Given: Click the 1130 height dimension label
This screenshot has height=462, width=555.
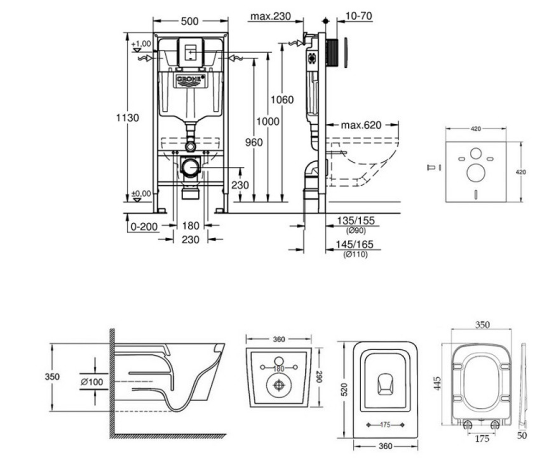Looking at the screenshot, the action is [128, 118].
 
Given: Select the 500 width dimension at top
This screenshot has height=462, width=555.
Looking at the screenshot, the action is [190, 21].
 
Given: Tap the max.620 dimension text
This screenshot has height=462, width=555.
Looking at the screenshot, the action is [361, 125].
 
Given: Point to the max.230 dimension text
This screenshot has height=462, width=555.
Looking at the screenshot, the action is [271, 16].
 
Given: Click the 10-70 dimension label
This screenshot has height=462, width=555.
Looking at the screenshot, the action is [358, 16].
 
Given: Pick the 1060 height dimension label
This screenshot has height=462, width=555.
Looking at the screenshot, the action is [282, 100].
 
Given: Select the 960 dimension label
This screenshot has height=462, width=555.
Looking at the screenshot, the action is [254, 143].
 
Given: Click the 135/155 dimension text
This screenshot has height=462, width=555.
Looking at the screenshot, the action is [356, 220].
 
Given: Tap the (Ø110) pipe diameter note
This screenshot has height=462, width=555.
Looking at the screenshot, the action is [355, 255].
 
